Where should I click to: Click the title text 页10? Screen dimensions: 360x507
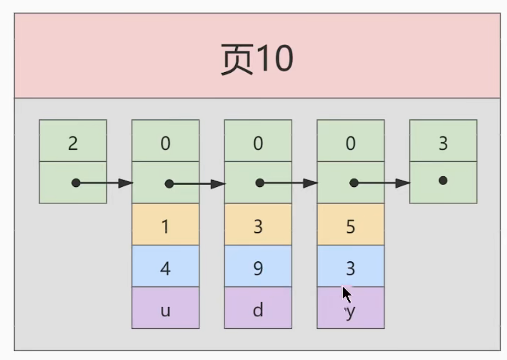click(x=257, y=59)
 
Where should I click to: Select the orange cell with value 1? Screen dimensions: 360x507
click(x=165, y=224)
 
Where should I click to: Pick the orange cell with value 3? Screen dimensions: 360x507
click(x=258, y=224)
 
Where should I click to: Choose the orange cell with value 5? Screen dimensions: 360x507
click(x=350, y=224)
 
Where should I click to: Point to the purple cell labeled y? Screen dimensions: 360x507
click(x=350, y=311)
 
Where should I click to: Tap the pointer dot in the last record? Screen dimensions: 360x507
click(x=443, y=180)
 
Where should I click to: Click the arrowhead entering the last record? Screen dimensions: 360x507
click(x=403, y=183)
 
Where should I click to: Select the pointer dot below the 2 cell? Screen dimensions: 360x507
click(x=76, y=183)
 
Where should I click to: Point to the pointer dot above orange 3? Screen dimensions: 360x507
click(x=260, y=183)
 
